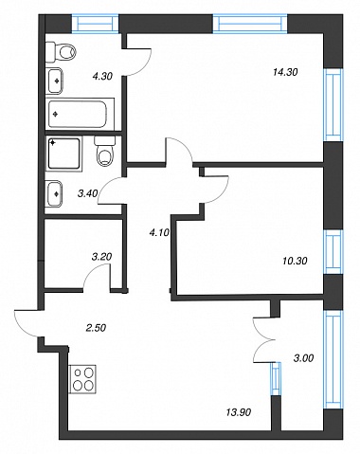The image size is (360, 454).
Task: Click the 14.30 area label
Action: [x=285, y=72]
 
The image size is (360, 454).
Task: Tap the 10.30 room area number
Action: [x=295, y=261]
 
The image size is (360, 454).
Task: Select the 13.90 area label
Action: [x=239, y=412]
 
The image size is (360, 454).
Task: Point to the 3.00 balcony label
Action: [x=303, y=358]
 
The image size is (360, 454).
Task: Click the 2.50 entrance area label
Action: [x=96, y=328]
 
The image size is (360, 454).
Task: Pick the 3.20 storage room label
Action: [x=101, y=257]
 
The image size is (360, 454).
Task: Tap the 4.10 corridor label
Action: [x=159, y=233]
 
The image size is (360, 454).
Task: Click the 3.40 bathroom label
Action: [x=87, y=193]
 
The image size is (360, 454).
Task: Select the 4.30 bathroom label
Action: [x=102, y=76]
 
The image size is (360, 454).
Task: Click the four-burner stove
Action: [x=82, y=379]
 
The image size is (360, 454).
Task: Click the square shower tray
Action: [x=64, y=154]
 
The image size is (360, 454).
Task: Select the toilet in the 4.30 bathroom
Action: [x=62, y=52]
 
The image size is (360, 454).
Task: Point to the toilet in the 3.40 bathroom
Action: [x=104, y=152]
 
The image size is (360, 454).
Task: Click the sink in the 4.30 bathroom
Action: [x=55, y=81]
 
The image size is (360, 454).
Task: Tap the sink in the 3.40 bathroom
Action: [x=54, y=193]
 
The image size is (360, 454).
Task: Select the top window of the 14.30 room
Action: [x=250, y=24]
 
